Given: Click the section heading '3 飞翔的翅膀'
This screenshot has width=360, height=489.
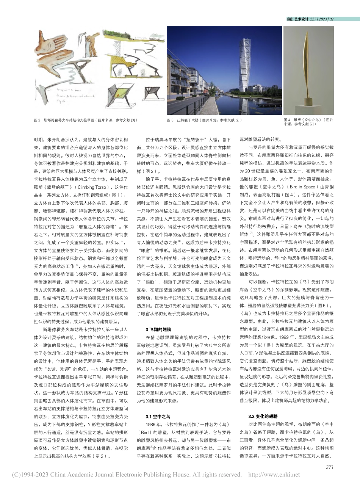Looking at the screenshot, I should click(x=158, y=329).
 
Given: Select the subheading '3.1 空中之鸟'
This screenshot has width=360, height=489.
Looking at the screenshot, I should click(x=158, y=416).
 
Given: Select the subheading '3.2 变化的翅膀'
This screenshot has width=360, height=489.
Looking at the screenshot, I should click(x=263, y=416).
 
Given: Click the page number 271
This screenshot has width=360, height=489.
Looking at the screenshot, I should click(x=329, y=467).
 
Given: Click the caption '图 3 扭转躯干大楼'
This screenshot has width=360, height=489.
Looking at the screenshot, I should click(x=204, y=120).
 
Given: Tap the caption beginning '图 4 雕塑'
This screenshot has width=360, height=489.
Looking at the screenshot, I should click(x=308, y=122).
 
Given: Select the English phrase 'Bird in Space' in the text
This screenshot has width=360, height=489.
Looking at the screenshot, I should click(x=303, y=187).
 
